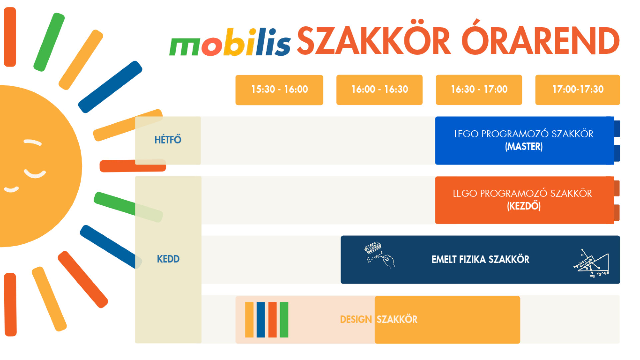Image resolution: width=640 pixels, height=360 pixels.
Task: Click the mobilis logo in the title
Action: [x=230, y=42]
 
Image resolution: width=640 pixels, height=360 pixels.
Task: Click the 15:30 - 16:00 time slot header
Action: [x=279, y=90]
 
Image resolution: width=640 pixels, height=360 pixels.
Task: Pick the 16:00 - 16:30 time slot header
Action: [x=379, y=90]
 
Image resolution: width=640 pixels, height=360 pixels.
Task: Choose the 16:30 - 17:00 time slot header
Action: [x=479, y=90]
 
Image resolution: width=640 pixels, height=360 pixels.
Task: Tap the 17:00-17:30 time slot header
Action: [x=578, y=90]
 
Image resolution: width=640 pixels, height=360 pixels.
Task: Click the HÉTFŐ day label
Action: [x=168, y=139]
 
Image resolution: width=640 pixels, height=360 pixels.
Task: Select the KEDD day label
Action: [x=168, y=259]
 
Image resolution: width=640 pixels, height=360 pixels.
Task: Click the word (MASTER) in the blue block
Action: [x=524, y=147]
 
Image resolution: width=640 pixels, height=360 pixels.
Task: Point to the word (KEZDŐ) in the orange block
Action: [x=524, y=206]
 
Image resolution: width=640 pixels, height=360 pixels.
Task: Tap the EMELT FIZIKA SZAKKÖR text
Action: [x=480, y=259]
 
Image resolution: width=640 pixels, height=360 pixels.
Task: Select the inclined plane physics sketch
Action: [x=591, y=263]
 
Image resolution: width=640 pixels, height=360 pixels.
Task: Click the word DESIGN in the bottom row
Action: [x=356, y=320]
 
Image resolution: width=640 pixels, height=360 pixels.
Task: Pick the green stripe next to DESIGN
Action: [x=284, y=320]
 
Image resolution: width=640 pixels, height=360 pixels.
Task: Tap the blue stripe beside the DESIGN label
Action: [x=261, y=320]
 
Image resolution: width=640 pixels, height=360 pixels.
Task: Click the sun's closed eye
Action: [x=33, y=142]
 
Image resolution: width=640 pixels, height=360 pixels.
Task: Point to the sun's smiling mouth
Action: [x=35, y=174]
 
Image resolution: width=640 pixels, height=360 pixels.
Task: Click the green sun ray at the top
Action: [x=49, y=42]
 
